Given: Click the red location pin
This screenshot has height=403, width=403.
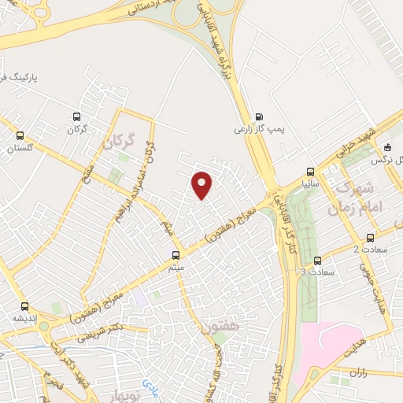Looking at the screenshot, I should tap(202, 186).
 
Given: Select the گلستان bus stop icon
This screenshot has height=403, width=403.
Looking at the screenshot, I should tap(20, 134).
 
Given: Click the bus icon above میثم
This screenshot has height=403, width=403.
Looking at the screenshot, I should tap(176, 254).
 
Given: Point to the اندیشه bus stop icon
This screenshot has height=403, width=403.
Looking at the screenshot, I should tap(24, 306).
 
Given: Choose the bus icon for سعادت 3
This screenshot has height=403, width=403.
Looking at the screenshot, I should tap(318, 261).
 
